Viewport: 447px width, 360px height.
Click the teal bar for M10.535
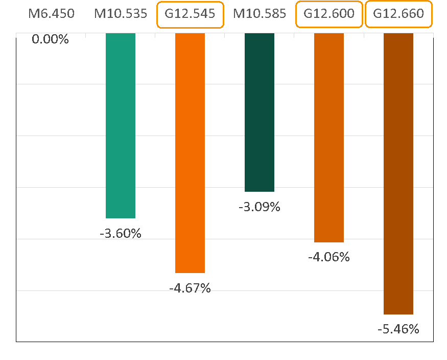pyautogui.click(x=121, y=125)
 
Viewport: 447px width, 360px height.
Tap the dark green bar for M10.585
pyautogui.click(x=260, y=112)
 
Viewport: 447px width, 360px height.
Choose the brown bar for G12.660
pyautogui.click(x=398, y=173)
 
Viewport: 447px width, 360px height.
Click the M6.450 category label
pyautogui.click(x=51, y=14)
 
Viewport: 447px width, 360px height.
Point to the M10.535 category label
pyautogui.click(x=121, y=14)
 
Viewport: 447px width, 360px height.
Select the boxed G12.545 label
pyautogui.click(x=190, y=14)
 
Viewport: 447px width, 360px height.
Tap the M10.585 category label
pyautogui.click(x=260, y=14)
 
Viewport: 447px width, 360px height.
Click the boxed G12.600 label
pyautogui.click(x=329, y=14)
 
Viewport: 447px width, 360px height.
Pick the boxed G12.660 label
pyautogui.click(x=398, y=14)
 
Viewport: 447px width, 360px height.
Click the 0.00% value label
pyautogui.click(x=50, y=39)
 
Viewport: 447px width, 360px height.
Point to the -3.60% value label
pyautogui.click(x=121, y=234)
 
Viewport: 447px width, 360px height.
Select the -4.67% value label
pyautogui.click(x=190, y=288)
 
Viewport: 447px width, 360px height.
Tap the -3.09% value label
pyautogui.click(x=260, y=208)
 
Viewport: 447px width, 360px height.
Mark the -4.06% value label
pyautogui.click(x=329, y=257)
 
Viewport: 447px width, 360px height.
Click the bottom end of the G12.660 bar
pyautogui.click(x=398, y=313)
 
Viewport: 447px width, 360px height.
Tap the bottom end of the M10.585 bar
pyautogui.click(x=260, y=190)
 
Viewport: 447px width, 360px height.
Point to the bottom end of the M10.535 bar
pyautogui.click(x=121, y=217)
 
